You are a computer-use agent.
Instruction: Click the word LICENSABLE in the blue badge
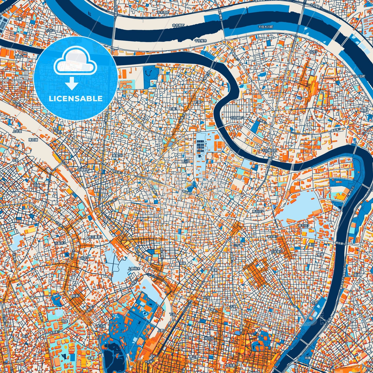pos(75,99)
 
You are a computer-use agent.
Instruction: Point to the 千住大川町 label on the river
pos(265,27)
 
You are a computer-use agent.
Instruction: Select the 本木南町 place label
pos(179,25)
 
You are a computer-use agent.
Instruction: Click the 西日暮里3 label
pos(95,237)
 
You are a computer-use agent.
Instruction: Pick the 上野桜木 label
pos(134,268)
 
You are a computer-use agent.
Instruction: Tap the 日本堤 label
pos(276,251)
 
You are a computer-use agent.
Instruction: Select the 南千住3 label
pos(304,225)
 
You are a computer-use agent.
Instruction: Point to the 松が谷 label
pos(209,338)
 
